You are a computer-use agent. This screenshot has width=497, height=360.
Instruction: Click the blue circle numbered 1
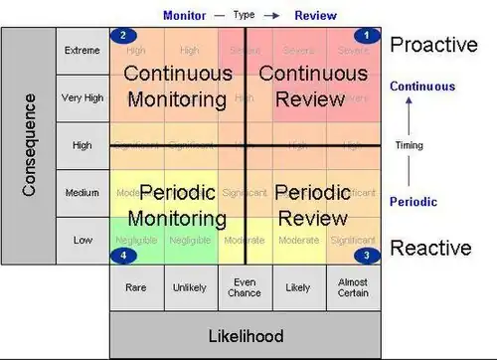(x=367, y=36)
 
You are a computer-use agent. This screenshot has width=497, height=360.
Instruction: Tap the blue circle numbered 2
(x=122, y=36)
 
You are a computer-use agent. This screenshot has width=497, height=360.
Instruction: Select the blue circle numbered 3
(x=367, y=255)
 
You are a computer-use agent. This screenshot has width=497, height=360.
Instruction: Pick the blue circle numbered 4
(x=122, y=255)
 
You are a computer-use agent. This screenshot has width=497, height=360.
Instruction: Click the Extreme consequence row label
(x=83, y=51)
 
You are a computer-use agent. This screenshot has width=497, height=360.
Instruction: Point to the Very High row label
(x=83, y=98)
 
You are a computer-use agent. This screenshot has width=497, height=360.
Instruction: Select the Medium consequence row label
(x=83, y=192)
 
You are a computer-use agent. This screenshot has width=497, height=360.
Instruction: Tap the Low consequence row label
(x=83, y=240)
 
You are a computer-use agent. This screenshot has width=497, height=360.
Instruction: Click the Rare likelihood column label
(x=136, y=287)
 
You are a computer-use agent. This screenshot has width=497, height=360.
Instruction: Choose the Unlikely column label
(x=190, y=287)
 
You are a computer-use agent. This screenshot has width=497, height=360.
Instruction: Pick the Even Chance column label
(x=245, y=287)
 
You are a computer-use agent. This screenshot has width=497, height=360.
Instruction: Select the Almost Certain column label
(x=354, y=287)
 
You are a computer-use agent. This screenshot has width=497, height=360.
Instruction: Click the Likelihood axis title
(x=245, y=335)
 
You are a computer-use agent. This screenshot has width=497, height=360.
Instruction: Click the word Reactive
(x=429, y=248)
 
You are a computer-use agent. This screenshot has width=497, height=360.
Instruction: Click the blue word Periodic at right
(x=413, y=201)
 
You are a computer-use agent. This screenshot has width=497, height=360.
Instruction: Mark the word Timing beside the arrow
(x=409, y=145)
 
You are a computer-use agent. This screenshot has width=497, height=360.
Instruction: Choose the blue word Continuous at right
(x=423, y=87)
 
